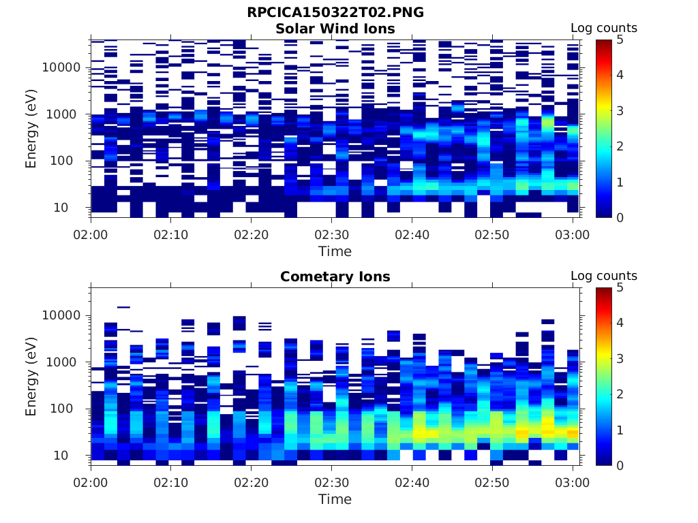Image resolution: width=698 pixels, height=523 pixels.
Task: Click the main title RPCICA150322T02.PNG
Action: (335, 13)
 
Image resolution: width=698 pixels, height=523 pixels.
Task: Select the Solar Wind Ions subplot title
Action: (335, 29)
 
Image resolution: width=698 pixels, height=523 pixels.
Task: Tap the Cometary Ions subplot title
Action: (335, 276)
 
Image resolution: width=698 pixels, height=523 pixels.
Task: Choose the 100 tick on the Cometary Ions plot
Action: (69, 409)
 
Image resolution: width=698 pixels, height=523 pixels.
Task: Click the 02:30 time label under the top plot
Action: (331, 235)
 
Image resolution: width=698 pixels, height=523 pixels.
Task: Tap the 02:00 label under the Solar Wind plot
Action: (91, 235)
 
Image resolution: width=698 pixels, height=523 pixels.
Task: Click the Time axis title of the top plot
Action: (335, 251)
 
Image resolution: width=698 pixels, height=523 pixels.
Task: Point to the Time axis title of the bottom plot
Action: (335, 499)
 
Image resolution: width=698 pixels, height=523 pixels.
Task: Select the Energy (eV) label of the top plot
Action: (31, 128)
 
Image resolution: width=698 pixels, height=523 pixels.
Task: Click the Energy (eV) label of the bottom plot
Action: (31, 376)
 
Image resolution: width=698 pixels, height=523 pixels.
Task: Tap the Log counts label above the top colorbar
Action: (603, 28)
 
